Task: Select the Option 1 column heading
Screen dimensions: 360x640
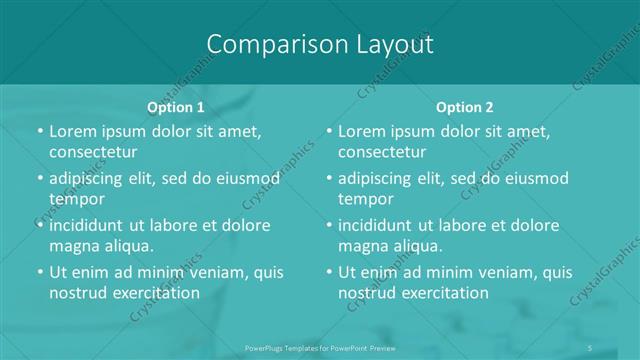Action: tap(176, 107)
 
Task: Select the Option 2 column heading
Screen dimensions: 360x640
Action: tap(465, 107)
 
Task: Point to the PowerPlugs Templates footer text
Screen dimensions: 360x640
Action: tap(320, 348)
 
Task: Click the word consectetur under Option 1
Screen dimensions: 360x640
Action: tap(93, 152)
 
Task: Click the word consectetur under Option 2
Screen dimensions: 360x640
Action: tap(382, 152)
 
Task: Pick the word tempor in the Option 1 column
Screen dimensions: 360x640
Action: tap(76, 199)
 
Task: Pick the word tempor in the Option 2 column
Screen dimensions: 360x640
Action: tap(365, 199)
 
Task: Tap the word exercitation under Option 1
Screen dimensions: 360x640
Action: tap(151, 293)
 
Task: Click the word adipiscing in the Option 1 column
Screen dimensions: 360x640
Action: tap(92, 178)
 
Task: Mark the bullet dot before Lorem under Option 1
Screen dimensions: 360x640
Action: tap(39, 131)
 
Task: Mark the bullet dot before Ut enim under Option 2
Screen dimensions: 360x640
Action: tap(328, 272)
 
